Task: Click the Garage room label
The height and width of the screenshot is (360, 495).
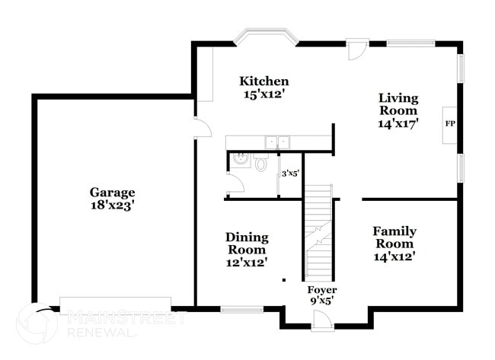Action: (x=112, y=193)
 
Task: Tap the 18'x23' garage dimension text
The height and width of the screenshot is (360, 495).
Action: (x=112, y=205)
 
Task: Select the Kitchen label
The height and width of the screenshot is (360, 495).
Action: (x=264, y=81)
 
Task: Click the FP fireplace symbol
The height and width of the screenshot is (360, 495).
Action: (x=449, y=123)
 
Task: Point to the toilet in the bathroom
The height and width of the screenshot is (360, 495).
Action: (x=261, y=163)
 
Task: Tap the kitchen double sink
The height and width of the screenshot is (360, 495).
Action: (x=276, y=141)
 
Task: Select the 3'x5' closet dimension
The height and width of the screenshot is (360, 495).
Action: (x=290, y=174)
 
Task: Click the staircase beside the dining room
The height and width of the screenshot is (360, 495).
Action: (x=319, y=232)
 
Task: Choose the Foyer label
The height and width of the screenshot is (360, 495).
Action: (x=321, y=290)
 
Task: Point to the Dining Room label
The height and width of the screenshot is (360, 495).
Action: (x=247, y=244)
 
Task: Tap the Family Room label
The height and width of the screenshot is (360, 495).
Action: (x=394, y=237)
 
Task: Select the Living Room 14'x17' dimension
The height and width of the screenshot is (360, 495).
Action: (x=398, y=124)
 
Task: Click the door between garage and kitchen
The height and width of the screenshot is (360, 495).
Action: (x=201, y=128)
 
